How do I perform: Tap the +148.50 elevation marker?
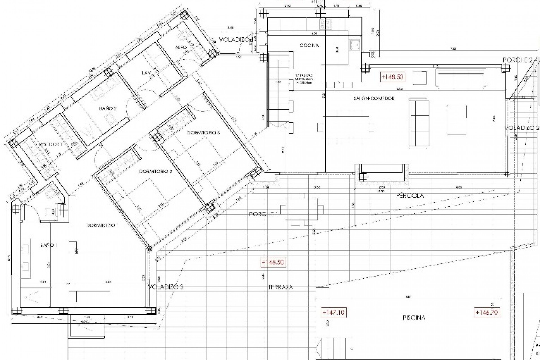click(x=393, y=77)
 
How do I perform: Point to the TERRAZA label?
click(x=280, y=287)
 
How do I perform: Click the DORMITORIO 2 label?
click(x=156, y=171)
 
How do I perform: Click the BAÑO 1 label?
click(x=48, y=245)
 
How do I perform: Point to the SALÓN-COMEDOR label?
click(x=374, y=98)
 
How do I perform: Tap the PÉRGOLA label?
click(x=409, y=195)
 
